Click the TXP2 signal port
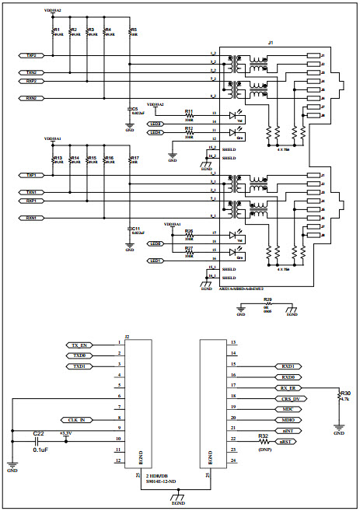(x=31, y=56)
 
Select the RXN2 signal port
(x=31, y=98)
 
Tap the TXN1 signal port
(x=31, y=191)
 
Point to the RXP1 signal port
(x=31, y=201)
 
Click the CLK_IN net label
(x=78, y=419)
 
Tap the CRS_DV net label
(x=288, y=397)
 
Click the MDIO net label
(x=288, y=419)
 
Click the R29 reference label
(x=267, y=299)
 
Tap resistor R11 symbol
(x=189, y=115)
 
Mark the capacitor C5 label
(x=135, y=109)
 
